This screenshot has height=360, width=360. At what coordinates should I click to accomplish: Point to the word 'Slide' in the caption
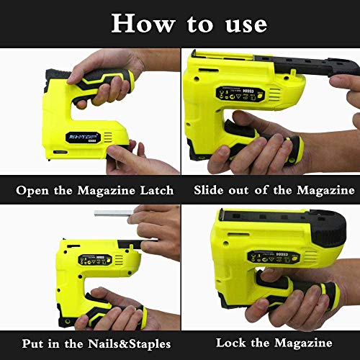click(x=210, y=190)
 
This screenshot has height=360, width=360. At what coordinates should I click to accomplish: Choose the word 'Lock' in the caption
click(x=232, y=343)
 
